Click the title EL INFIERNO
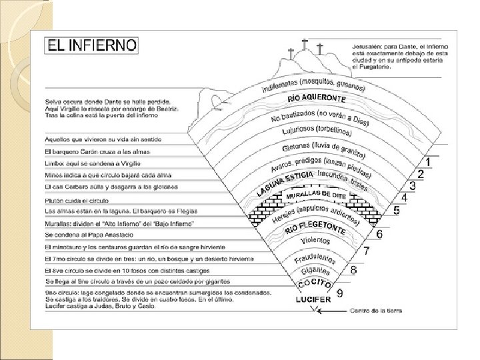tap(92, 46)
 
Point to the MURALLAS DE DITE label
tap(316, 195)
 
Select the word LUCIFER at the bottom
tap(313, 300)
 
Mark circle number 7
tap(366, 251)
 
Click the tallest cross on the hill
tap(305, 45)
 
